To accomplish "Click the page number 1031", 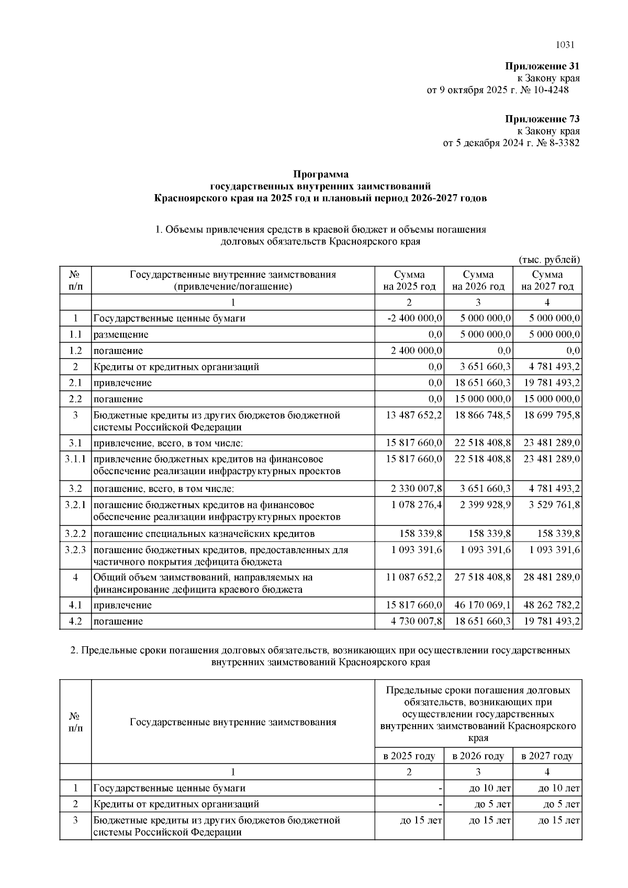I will click(565, 45).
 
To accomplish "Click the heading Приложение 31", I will click(542, 66).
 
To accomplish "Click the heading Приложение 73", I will click(542, 119).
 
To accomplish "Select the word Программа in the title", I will click(320, 174).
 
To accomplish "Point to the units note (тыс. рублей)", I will click(549, 260).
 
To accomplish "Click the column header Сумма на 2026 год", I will click(478, 280).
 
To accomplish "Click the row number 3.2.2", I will click(75, 534).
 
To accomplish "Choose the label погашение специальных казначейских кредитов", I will click(204, 534).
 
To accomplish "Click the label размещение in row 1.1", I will click(121, 334).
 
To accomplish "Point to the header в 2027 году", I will click(547, 756).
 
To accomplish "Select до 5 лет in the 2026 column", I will click(489, 804).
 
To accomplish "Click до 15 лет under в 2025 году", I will click(421, 820).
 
